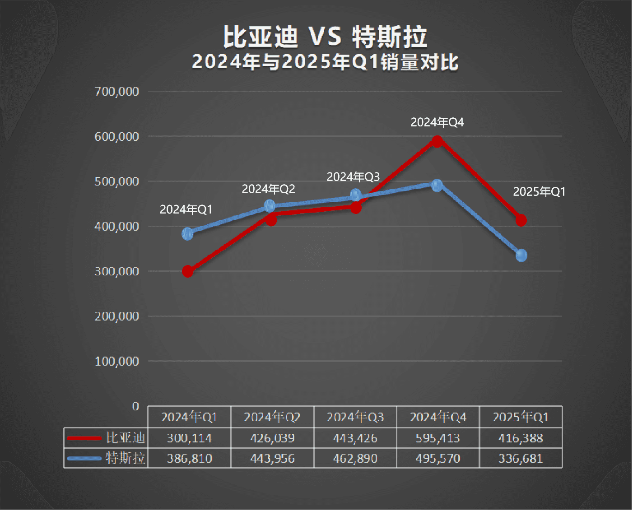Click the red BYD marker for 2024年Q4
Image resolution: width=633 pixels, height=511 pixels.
(437, 141)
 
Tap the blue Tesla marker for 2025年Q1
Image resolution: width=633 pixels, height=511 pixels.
(521, 255)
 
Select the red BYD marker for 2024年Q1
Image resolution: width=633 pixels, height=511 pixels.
(188, 271)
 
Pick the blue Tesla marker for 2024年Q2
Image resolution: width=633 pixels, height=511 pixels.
(270, 206)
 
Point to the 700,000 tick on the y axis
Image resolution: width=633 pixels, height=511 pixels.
(116, 92)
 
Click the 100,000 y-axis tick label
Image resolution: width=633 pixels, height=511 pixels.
(116, 361)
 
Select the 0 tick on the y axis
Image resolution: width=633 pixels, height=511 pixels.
(135, 406)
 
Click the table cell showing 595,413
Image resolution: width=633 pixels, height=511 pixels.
(438, 438)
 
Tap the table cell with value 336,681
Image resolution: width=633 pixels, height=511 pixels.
(521, 459)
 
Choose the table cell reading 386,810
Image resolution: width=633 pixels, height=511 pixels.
(189, 459)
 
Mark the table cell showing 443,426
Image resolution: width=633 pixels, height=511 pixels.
(355, 438)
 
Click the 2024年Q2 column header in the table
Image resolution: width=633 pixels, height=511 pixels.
(272, 417)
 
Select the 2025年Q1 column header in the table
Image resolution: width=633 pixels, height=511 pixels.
(521, 417)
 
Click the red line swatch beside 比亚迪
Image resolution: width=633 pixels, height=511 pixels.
(84, 438)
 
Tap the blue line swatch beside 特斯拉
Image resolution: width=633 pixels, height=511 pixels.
(84, 459)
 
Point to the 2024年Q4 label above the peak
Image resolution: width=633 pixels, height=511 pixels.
(437, 122)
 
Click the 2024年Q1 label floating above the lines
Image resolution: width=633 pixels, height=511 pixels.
(186, 209)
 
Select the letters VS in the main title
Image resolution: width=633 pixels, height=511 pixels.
(325, 37)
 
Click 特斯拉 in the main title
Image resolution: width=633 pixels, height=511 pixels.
(389, 37)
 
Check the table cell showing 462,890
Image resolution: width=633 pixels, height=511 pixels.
(355, 459)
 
